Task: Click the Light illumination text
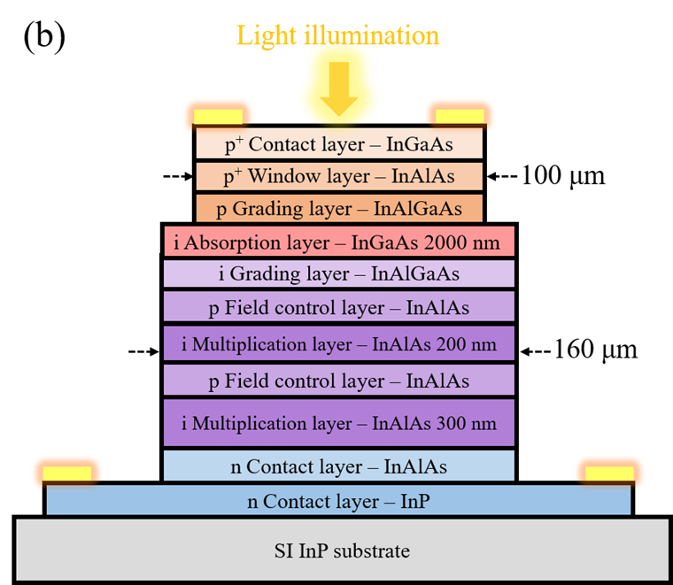pyautogui.click(x=337, y=35)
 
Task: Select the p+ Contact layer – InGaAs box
pyautogui.click(x=339, y=144)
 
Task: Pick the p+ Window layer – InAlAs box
pyautogui.click(x=339, y=176)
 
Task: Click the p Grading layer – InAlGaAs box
pyautogui.click(x=339, y=209)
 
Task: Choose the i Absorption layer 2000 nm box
pyautogui.click(x=338, y=241)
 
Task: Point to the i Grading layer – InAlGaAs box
pyautogui.click(x=338, y=273)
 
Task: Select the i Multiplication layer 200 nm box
pyautogui.click(x=338, y=343)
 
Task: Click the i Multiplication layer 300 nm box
pyautogui.click(x=338, y=422)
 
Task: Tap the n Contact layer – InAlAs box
pyautogui.click(x=338, y=466)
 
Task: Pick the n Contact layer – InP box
pyautogui.click(x=338, y=501)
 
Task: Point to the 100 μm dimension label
pyautogui.click(x=561, y=175)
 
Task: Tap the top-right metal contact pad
pyautogui.click(x=460, y=114)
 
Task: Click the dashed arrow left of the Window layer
pyautogui.click(x=178, y=176)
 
